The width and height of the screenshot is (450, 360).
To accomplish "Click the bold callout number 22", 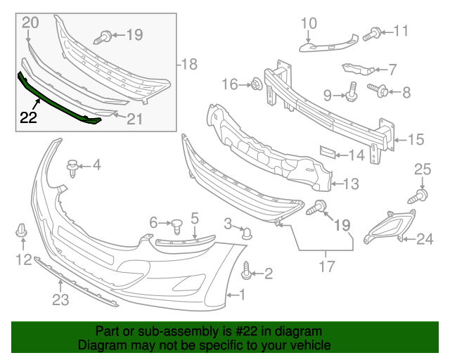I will pyautogui.click(x=28, y=117).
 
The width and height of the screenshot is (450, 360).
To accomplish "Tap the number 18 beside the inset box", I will pyautogui.click(x=188, y=65).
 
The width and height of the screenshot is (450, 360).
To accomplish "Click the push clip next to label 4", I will pyautogui.click(x=72, y=167).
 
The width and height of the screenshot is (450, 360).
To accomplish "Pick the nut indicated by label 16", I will pyautogui.click(x=257, y=85).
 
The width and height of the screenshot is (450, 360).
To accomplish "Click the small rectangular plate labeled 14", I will pyautogui.click(x=325, y=153).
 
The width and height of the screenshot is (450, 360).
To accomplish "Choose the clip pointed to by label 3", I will pyautogui.click(x=247, y=231).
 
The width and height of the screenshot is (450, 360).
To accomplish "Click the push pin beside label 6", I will pyautogui.click(x=177, y=226).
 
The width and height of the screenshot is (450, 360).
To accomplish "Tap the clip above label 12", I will pyautogui.click(x=22, y=231).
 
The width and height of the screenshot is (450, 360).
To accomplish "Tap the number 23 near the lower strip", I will pyautogui.click(x=61, y=302).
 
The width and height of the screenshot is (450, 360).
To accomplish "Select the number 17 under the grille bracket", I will pyautogui.click(x=325, y=266).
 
